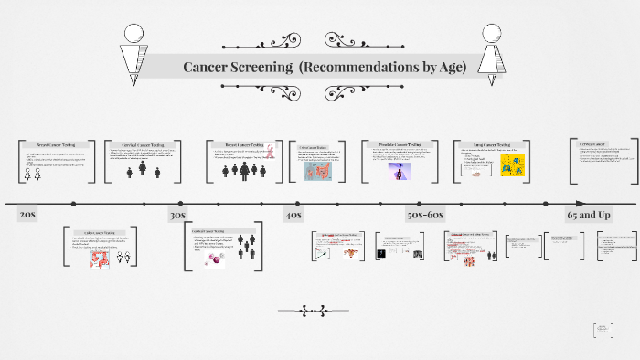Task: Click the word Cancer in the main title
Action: pyautogui.click(x=207, y=67)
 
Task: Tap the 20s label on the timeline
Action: pyautogui.click(x=27, y=215)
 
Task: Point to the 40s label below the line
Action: pyautogui.click(x=293, y=215)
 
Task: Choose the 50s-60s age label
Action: pyautogui.click(x=425, y=215)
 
